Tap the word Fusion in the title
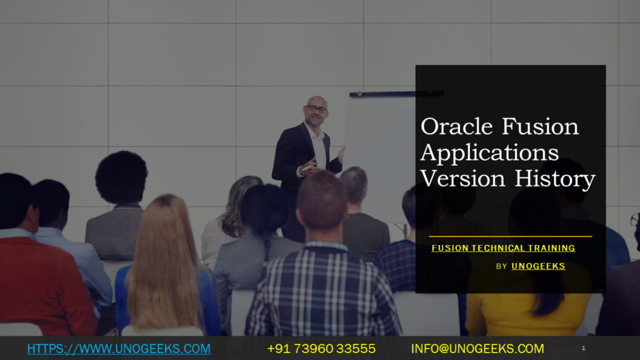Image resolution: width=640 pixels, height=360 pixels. click(x=541, y=126)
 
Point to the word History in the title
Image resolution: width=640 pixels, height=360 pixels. click(x=555, y=179)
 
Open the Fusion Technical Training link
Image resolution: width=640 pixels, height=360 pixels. click(x=503, y=248)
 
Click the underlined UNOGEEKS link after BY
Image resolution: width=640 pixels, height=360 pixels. click(x=538, y=266)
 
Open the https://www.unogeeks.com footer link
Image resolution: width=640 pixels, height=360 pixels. click(x=119, y=349)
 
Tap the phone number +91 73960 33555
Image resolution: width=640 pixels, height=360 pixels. click(x=321, y=349)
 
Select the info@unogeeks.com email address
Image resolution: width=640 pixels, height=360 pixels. click(x=477, y=349)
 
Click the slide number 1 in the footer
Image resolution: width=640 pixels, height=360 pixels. click(x=584, y=348)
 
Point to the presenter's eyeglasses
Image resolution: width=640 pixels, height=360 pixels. click(x=316, y=109)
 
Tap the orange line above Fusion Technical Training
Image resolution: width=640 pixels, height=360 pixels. click(x=510, y=236)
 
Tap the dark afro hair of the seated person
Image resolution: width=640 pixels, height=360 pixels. click(x=121, y=177)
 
